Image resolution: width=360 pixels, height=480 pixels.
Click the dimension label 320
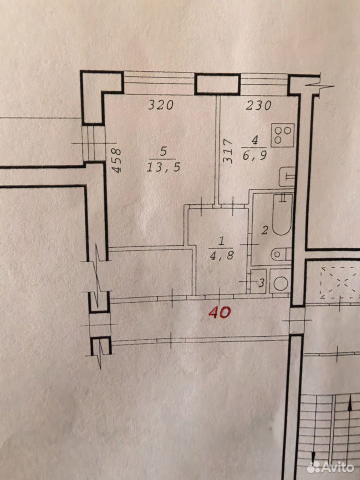pyautogui.click(x=160, y=105)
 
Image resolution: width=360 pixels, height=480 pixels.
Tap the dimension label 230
pyautogui.click(x=259, y=105)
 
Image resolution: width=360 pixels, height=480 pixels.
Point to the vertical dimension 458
pyautogui.click(x=116, y=160)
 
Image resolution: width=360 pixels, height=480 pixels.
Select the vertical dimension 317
pyautogui.click(x=228, y=151)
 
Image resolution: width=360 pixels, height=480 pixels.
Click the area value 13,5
pyautogui.click(x=163, y=167)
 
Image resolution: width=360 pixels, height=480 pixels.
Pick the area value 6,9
pyautogui.click(x=255, y=155)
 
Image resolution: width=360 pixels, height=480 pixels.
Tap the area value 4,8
pyautogui.click(x=221, y=255)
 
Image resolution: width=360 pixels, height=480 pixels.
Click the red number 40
pyautogui.click(x=219, y=312)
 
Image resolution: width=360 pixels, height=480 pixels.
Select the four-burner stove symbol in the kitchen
pyautogui.click(x=282, y=135)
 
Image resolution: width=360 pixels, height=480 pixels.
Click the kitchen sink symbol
pyautogui.click(x=287, y=176)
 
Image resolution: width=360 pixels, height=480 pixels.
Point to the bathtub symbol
pyautogui.click(x=282, y=214)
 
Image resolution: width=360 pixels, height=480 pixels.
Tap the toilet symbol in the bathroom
pyautogui.click(x=281, y=254)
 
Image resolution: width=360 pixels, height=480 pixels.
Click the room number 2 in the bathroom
pyautogui.click(x=265, y=230)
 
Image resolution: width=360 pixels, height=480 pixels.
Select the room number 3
pyautogui.click(x=261, y=283)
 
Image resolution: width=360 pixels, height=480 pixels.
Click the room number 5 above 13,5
pyautogui.click(x=163, y=152)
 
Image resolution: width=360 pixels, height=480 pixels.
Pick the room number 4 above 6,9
pyautogui.click(x=254, y=140)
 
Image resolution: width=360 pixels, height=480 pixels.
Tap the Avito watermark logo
pyautogui.click(x=330, y=467)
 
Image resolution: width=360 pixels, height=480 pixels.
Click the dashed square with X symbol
pyautogui.click(x=340, y=282)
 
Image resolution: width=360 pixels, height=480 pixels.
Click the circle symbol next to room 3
pyautogui.click(x=280, y=283)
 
